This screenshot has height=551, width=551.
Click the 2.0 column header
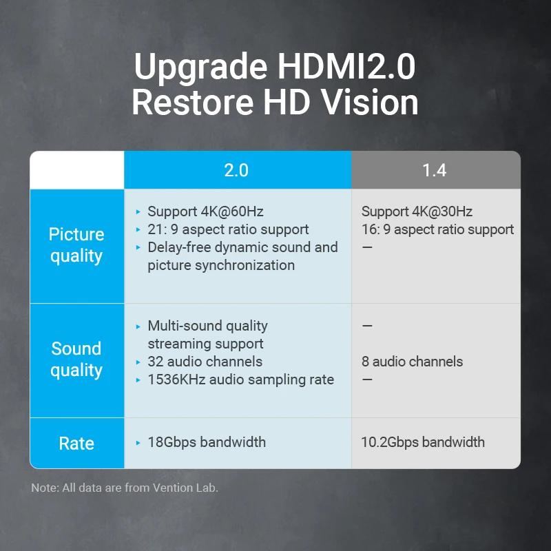click(236, 170)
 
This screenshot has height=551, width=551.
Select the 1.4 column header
click(435, 170)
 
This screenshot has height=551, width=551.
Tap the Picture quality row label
click(76, 245)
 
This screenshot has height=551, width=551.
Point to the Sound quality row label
click(76, 360)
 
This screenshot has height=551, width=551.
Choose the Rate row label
click(76, 443)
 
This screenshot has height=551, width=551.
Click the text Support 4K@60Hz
click(205, 211)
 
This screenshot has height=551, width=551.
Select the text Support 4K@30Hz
click(417, 211)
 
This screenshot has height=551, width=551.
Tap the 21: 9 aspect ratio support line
click(228, 229)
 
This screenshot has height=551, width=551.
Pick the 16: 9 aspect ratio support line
click(437, 229)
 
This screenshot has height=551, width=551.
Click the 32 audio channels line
click(205, 362)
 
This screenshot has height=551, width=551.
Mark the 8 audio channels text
click(412, 362)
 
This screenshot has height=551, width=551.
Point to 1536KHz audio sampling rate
click(240, 380)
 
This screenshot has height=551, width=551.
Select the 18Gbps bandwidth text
click(207, 442)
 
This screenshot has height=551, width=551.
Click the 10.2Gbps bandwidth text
click(423, 442)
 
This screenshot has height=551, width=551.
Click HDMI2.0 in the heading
click(346, 67)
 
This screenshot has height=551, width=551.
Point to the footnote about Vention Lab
click(125, 488)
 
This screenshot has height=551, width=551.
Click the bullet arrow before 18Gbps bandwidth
click(138, 442)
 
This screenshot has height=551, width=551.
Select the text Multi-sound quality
click(207, 326)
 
